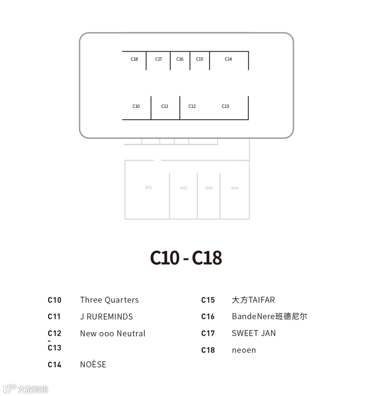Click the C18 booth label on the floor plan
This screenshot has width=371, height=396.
134,59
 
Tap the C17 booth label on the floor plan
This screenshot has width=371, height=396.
158,59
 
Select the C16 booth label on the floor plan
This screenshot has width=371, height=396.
180,59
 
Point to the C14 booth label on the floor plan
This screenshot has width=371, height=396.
228,59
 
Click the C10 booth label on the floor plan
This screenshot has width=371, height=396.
136,106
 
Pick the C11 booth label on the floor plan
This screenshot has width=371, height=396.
165,106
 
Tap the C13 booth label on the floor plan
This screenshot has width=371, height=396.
225,106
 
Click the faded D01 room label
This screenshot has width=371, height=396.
148,188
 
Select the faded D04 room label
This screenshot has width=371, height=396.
235,188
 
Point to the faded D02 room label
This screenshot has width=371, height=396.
184,188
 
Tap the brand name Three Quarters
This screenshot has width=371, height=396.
109,300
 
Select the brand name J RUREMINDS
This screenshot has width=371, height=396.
106,317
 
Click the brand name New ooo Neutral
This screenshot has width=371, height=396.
113,333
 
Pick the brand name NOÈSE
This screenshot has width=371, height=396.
93,364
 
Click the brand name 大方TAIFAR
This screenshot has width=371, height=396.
254,300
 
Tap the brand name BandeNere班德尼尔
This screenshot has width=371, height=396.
269,317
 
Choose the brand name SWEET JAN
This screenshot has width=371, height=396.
254,333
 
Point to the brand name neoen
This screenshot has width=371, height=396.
244,350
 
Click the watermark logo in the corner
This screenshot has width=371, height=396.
25,389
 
